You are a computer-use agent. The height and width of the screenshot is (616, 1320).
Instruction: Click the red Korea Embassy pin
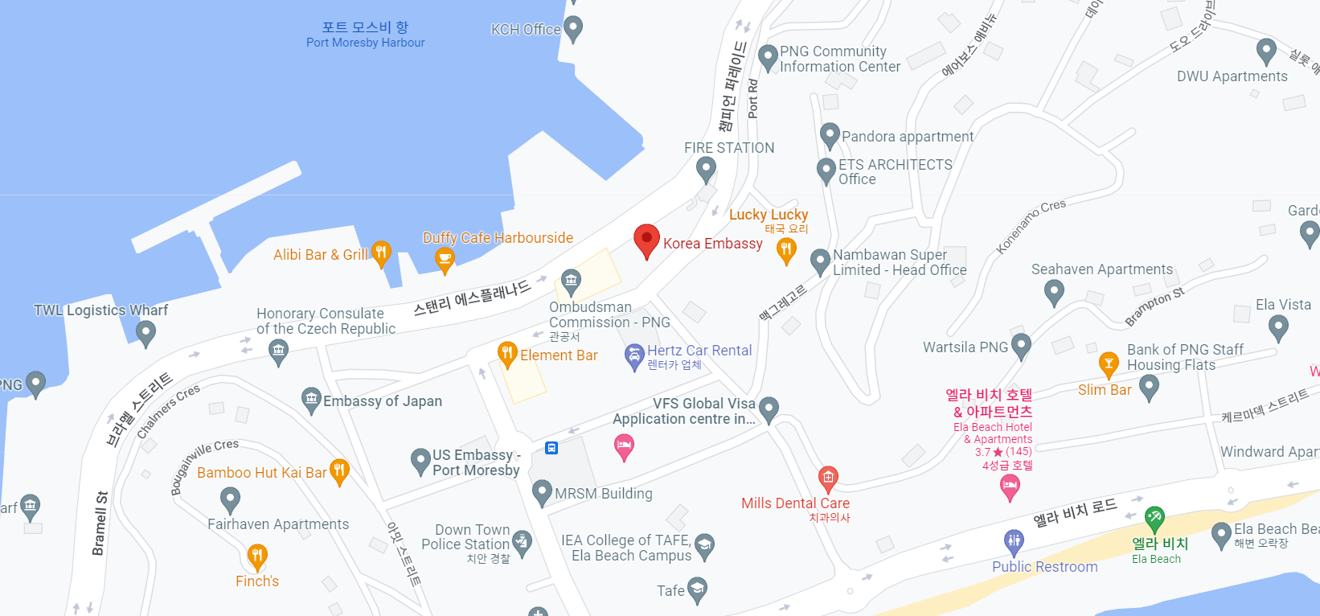click(x=646, y=240)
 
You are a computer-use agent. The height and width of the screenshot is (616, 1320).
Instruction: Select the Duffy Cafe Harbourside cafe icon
click(x=445, y=258)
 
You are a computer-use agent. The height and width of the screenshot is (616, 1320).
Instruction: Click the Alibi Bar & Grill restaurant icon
click(x=381, y=253)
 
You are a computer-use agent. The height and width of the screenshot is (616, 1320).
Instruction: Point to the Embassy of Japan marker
click(x=311, y=399)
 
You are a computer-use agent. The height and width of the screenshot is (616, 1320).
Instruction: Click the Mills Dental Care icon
click(x=828, y=478)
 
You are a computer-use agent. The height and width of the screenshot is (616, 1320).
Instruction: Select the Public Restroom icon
click(x=1014, y=540)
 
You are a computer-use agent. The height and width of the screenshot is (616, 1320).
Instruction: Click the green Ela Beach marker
click(x=1154, y=517)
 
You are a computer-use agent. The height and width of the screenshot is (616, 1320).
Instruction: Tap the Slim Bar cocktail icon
click(x=1109, y=363)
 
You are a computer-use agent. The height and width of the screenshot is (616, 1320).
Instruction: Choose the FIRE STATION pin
click(x=706, y=168)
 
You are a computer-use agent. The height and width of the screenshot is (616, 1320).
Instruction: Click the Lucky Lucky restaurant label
click(x=769, y=215)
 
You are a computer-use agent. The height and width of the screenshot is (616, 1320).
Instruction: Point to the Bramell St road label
click(x=100, y=523)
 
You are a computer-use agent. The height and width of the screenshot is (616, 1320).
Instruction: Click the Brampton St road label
click(x=1154, y=306)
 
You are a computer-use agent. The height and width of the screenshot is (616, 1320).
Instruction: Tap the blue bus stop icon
click(x=551, y=448)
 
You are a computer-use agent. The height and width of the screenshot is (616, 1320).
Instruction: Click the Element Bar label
click(x=559, y=355)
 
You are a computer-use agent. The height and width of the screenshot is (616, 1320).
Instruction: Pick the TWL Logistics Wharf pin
click(x=146, y=331)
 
